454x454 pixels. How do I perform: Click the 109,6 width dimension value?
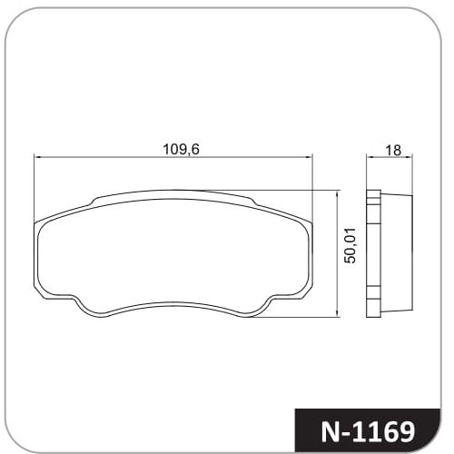pyautogui.click(x=182, y=150)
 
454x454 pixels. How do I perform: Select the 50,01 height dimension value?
pyautogui.click(x=350, y=246)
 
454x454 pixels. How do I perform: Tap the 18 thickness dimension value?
pyautogui.click(x=393, y=151)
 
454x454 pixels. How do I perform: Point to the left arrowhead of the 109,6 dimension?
pyautogui.click(x=37, y=157)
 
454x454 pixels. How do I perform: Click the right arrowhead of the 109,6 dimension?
pyautogui.click(x=309, y=157)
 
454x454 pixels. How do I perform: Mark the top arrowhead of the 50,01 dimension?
pyautogui.click(x=337, y=193)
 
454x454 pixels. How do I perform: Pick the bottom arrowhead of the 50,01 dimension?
pyautogui.click(x=337, y=314)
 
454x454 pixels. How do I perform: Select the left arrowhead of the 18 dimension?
pyautogui.click(x=370, y=157)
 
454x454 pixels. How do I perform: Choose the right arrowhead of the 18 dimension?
pyautogui.click(x=410, y=157)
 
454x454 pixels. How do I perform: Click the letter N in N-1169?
pyautogui.click(x=332, y=431)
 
